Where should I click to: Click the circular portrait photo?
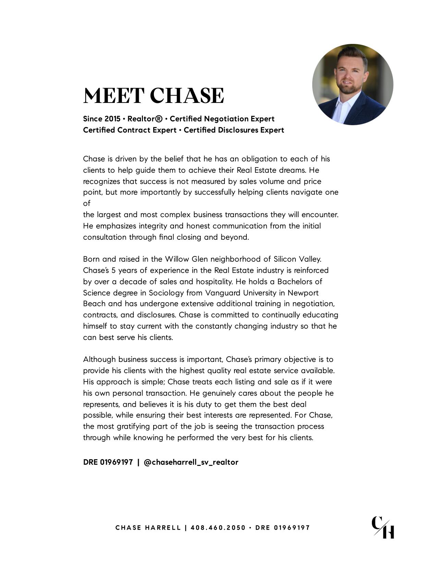point(353,84)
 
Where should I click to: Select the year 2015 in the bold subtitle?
point(112,119)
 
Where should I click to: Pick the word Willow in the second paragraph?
point(177,259)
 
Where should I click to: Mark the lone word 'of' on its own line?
point(87,203)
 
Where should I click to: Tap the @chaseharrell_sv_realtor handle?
point(191,462)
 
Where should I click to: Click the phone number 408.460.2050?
point(218,528)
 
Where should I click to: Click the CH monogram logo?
point(383,527)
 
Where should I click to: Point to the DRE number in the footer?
point(292,528)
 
